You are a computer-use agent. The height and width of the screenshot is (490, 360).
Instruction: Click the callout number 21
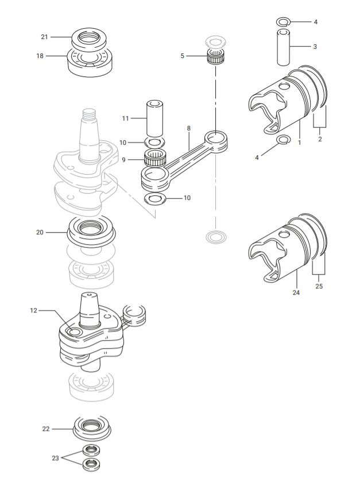click(44, 37)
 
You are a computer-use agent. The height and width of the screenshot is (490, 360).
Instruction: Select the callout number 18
click(40, 56)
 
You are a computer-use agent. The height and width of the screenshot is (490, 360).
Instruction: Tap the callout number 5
click(183, 56)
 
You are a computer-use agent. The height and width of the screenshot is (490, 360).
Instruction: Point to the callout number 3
click(315, 47)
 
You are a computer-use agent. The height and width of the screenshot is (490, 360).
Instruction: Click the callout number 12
click(33, 310)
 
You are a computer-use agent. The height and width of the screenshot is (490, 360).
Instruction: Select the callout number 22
click(46, 429)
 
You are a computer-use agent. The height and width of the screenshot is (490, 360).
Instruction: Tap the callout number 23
click(55, 458)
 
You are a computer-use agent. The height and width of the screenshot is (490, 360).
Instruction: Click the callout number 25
click(319, 286)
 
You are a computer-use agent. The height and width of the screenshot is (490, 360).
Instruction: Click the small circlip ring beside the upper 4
click(282, 22)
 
